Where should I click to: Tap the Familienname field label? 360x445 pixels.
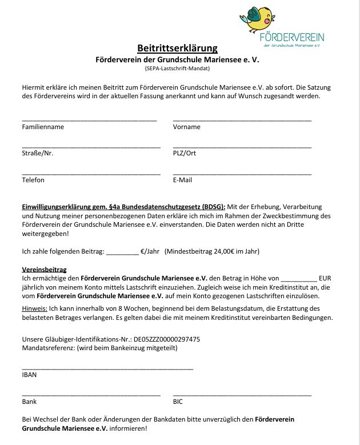coord(43,127)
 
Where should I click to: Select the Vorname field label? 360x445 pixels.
coord(187,127)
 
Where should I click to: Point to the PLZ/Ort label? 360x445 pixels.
coord(185,153)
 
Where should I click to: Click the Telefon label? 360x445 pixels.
coord(33,180)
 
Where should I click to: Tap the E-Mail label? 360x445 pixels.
coord(183,180)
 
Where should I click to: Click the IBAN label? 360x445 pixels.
coord(29,375)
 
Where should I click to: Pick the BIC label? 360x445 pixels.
coord(178,402)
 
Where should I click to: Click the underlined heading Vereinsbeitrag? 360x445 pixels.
coord(45,269)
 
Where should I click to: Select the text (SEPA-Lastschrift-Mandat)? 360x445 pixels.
coord(177,69)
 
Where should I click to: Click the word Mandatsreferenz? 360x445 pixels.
coord(44,348)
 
